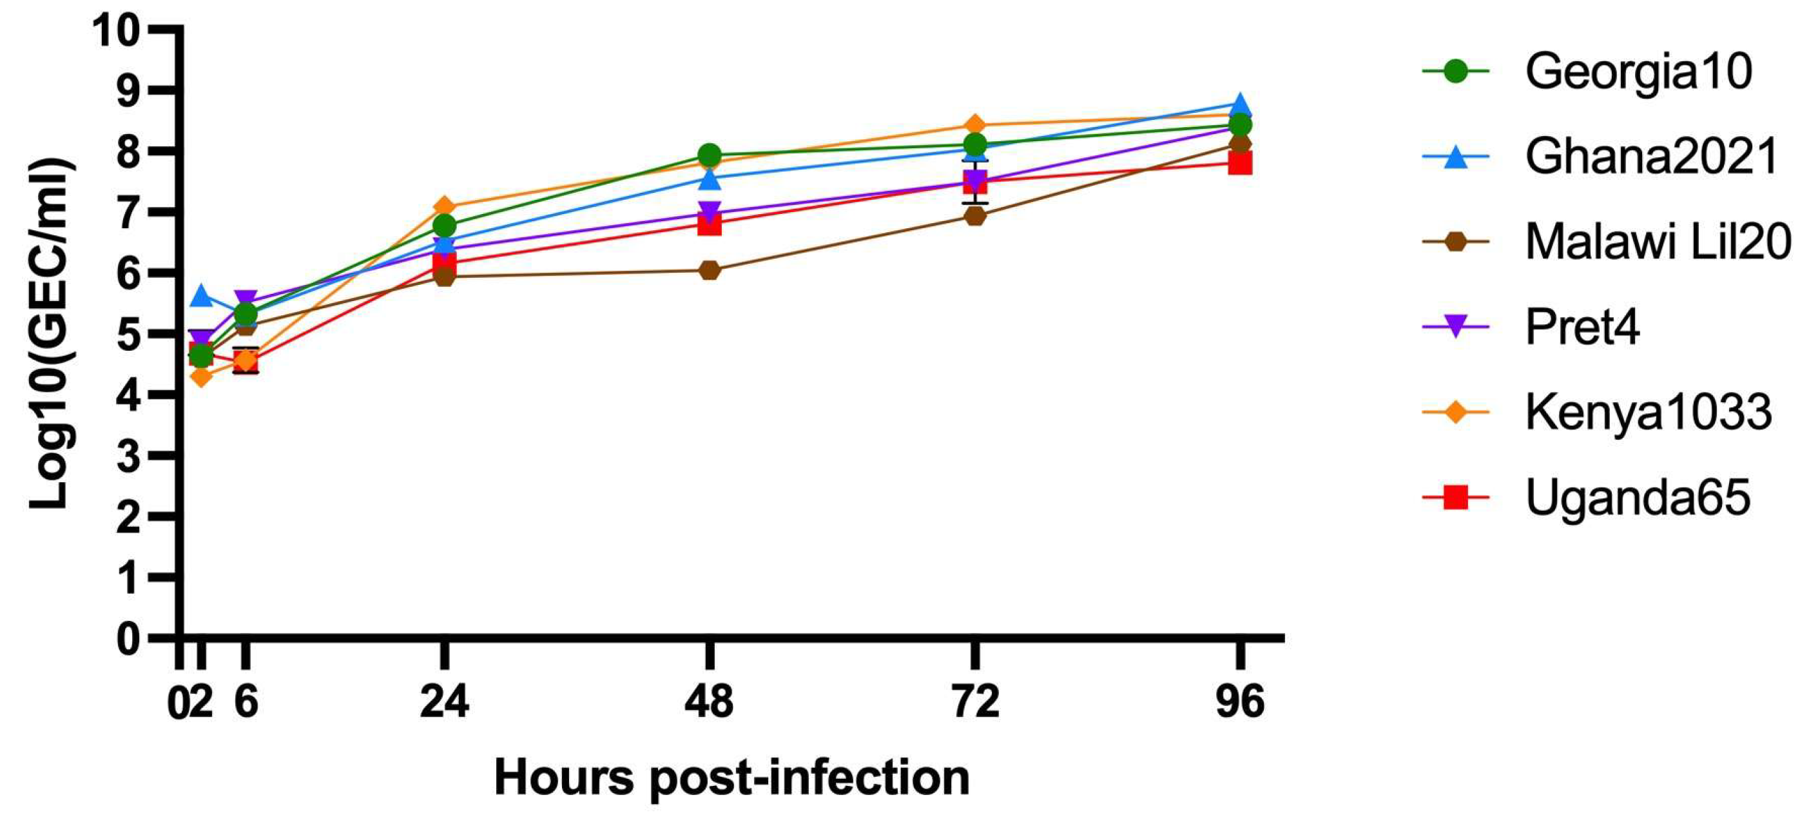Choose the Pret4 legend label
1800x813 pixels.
click(x=1582, y=326)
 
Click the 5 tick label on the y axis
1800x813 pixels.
click(x=127, y=334)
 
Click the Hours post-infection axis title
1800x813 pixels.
click(x=731, y=778)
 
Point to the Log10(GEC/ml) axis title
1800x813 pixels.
click(x=50, y=334)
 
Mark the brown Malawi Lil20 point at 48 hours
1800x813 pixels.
click(x=710, y=270)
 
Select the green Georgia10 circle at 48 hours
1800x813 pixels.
click(x=710, y=155)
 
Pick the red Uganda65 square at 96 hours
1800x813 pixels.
click(x=1239, y=163)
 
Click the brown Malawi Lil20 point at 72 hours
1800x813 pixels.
click(x=976, y=216)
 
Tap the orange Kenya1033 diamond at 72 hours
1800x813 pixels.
click(x=976, y=125)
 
